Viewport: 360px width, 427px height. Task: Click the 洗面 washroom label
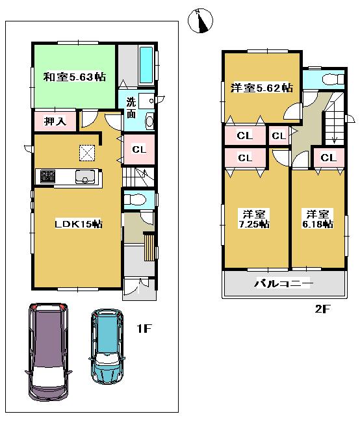131,107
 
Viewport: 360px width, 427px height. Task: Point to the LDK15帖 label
77,224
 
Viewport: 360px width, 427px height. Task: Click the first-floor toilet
136,200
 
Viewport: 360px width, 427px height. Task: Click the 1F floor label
144,329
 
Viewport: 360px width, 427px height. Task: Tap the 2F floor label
323,308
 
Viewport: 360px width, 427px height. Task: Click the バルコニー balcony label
283,284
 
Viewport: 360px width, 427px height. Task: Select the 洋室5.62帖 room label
261,88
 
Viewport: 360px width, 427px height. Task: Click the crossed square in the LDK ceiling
86,151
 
